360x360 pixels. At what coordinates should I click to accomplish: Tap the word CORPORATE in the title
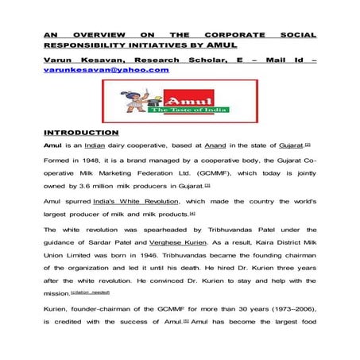coord(232,36)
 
